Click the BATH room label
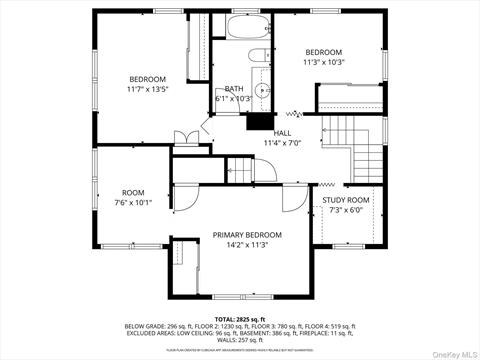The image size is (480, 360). pos(234,88)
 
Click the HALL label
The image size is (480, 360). pos(282,132)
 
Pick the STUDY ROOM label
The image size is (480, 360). pos(345,200)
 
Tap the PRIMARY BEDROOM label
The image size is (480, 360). pos(247,235)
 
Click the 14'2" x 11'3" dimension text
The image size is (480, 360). pos(247,245)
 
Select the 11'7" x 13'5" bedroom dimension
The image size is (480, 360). pos(147,89)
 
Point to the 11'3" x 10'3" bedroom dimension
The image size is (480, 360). pos(324,62)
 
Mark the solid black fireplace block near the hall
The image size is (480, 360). pos(259,120)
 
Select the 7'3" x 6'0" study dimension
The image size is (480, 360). pos(345,210)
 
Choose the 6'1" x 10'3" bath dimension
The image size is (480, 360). pos(234,98)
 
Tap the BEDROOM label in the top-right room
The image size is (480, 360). pos(324,52)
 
